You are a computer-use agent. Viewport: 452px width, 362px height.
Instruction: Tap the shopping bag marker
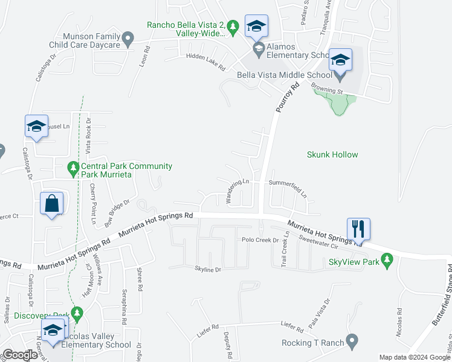(x=52, y=203)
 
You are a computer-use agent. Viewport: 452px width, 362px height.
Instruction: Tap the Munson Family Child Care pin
(x=128, y=40)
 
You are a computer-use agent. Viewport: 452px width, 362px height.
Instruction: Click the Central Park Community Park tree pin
(x=73, y=169)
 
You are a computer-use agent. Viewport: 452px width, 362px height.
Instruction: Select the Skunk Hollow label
(x=332, y=154)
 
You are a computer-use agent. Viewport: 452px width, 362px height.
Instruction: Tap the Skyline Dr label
(x=208, y=269)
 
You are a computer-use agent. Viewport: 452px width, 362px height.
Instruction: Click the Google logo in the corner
(x=21, y=355)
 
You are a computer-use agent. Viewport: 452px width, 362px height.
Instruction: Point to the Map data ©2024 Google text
(x=414, y=357)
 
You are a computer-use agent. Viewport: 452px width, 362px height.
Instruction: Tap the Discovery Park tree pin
(x=76, y=314)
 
